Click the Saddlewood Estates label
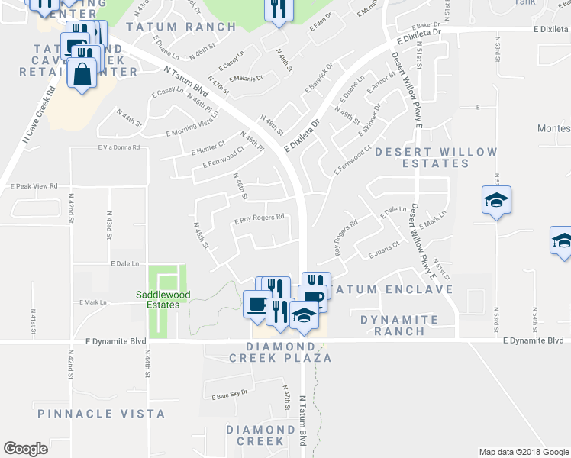157,299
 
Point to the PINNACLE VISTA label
102,414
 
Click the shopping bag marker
82,74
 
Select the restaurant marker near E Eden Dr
276,9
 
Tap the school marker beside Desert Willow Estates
496,201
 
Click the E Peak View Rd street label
34,185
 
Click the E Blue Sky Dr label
230,393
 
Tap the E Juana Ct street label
383,248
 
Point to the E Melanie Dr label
243,78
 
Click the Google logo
25,449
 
